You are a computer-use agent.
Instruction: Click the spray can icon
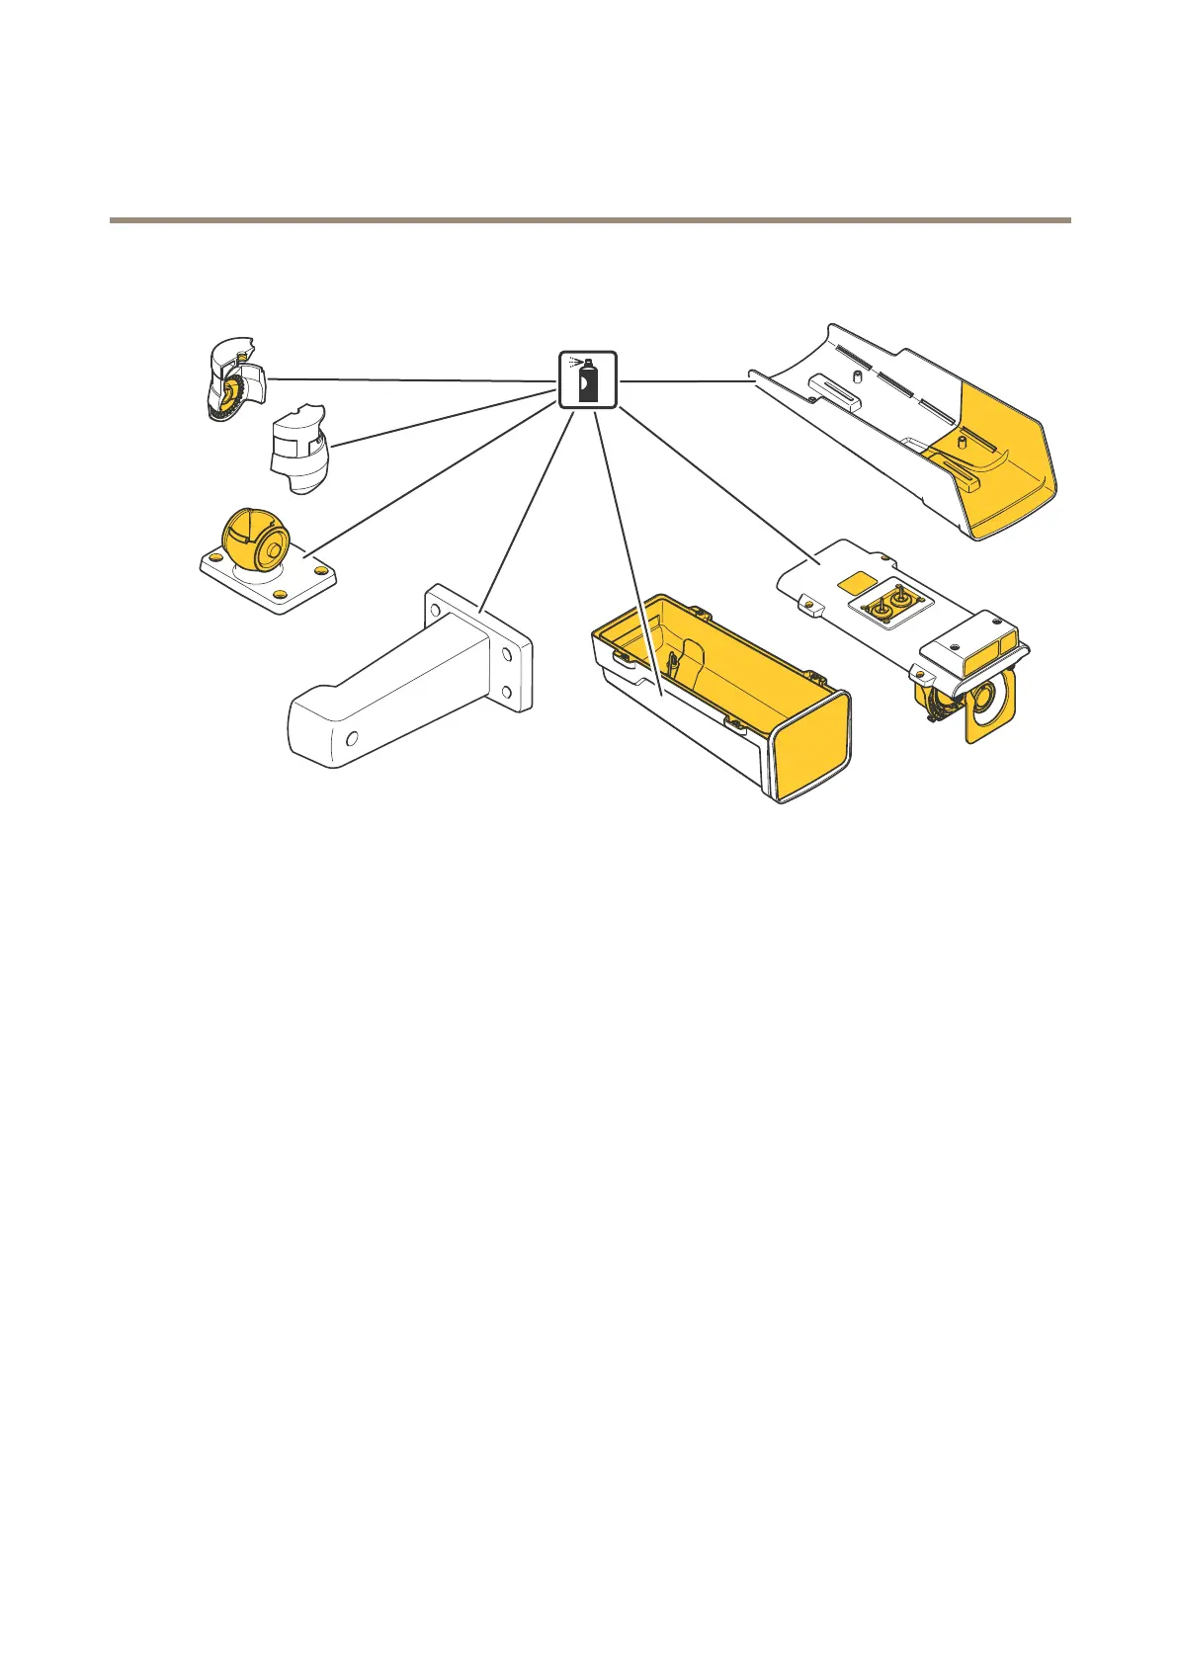pos(588,379)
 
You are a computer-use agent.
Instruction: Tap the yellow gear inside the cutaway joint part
pos(229,394)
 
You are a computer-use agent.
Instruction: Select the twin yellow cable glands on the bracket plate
pos(890,604)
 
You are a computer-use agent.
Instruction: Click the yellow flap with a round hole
pos(988,706)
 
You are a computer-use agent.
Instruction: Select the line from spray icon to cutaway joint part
pos(415,379)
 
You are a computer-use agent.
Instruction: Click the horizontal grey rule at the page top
pos(589,219)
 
